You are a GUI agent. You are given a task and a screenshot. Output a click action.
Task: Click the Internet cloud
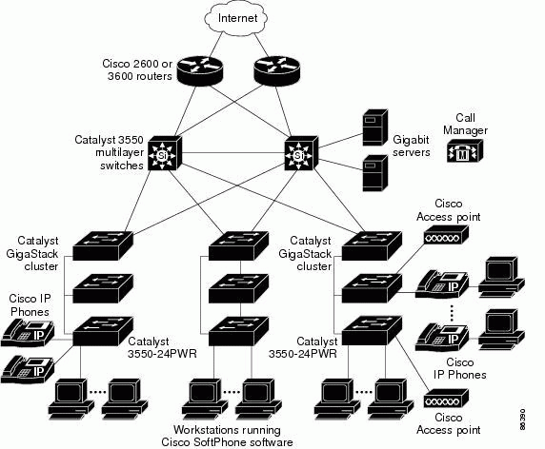[236, 18]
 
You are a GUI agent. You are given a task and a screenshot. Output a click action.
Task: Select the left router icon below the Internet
[199, 71]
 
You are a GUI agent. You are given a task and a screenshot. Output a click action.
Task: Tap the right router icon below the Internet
[276, 71]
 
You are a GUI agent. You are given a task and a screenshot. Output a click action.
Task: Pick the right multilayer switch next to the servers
[301, 153]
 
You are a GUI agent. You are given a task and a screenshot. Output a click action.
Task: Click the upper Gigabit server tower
[375, 127]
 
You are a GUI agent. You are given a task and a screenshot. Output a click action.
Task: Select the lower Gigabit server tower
[375, 173]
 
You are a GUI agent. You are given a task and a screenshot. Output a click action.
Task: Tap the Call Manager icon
[465, 150]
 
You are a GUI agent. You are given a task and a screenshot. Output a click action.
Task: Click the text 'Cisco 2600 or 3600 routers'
[138, 70]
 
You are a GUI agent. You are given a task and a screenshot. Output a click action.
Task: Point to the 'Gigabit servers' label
[412, 146]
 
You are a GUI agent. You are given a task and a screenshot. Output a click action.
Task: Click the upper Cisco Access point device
[446, 235]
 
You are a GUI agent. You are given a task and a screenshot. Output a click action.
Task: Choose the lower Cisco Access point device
[446, 398]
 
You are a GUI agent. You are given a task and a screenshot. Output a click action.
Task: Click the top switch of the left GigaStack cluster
[103, 245]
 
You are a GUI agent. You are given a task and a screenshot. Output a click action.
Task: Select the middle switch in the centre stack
[238, 288]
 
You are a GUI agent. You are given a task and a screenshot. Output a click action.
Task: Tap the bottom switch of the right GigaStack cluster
[372, 331]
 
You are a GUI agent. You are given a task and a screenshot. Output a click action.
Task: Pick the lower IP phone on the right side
[442, 337]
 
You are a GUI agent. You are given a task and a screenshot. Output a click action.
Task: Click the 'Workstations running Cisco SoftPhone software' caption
[227, 436]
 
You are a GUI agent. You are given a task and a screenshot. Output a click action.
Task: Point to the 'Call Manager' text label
[465, 124]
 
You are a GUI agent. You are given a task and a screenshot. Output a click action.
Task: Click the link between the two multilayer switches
[232, 153]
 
